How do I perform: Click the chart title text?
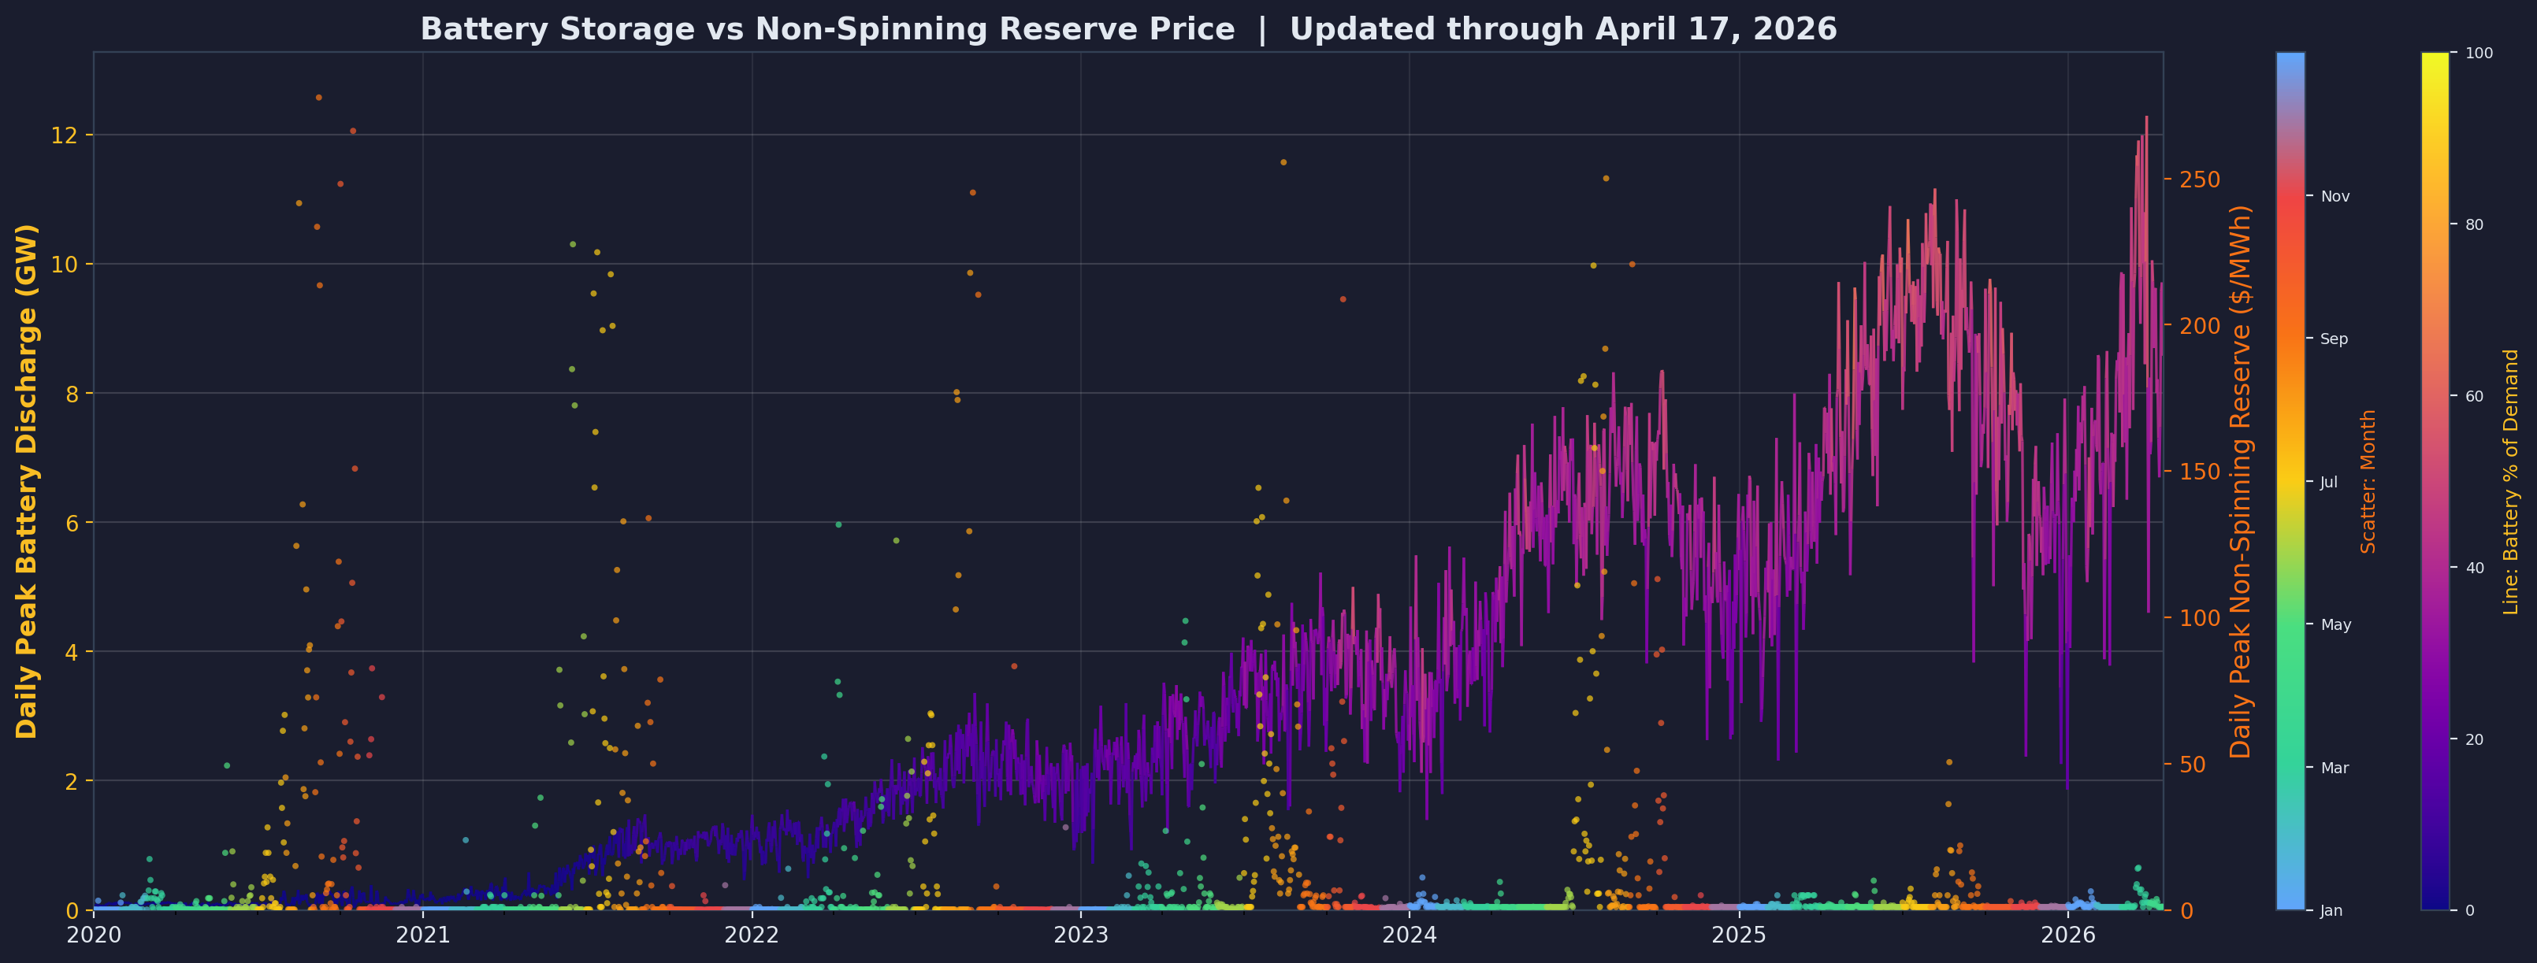click(1127, 30)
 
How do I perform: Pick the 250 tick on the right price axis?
click(2198, 180)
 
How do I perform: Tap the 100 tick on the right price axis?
click(2198, 618)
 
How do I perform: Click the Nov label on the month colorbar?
click(2335, 197)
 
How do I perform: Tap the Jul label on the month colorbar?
click(2329, 483)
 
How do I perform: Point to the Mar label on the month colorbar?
click(2334, 768)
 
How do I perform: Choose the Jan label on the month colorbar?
click(2331, 911)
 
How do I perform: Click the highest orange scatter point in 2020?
click(318, 98)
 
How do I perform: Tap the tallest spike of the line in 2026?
click(2146, 117)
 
